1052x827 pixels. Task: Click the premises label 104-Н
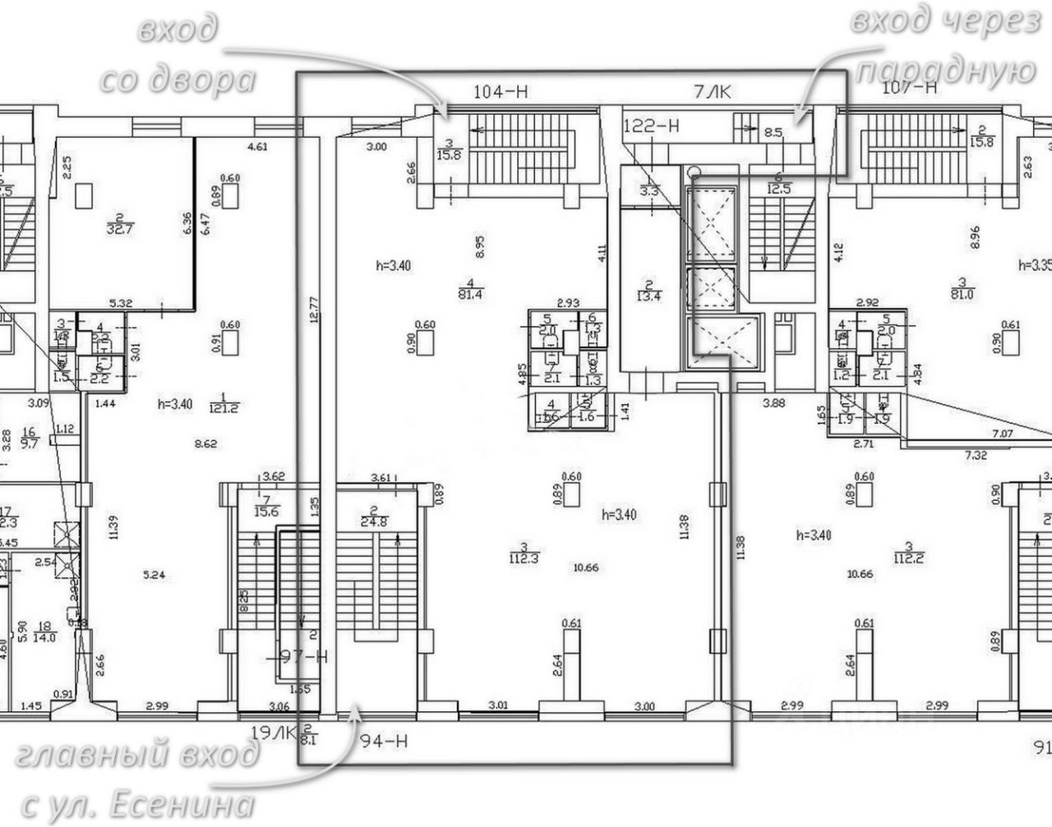[501, 93]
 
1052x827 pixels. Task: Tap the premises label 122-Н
[652, 126]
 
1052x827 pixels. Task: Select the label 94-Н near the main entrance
[385, 742]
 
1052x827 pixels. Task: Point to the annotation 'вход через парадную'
[945, 46]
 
